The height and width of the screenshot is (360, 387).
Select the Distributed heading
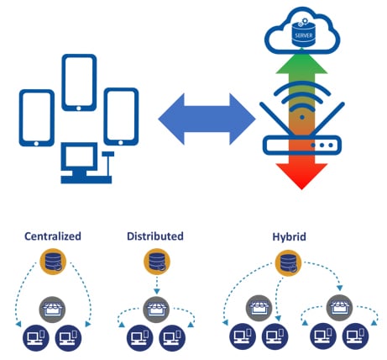coord(156,236)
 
